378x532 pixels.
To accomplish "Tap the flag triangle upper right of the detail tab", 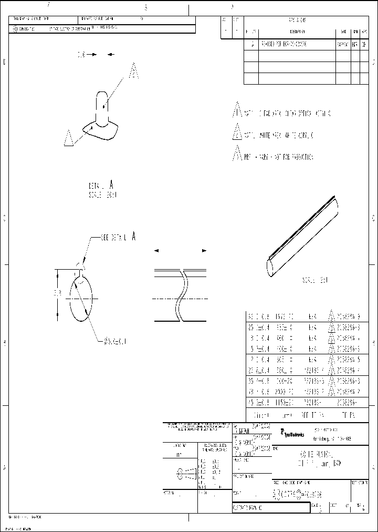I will (x=134, y=71).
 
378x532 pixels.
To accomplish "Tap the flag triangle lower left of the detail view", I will (x=68, y=138).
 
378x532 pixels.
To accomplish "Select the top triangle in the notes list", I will (x=237, y=111).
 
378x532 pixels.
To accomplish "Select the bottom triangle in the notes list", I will (x=237, y=156).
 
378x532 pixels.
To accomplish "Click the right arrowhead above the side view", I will (x=205, y=251).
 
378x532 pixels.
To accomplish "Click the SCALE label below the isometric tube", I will (x=314, y=280).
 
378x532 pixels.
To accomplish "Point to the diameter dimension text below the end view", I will (x=114, y=341).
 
